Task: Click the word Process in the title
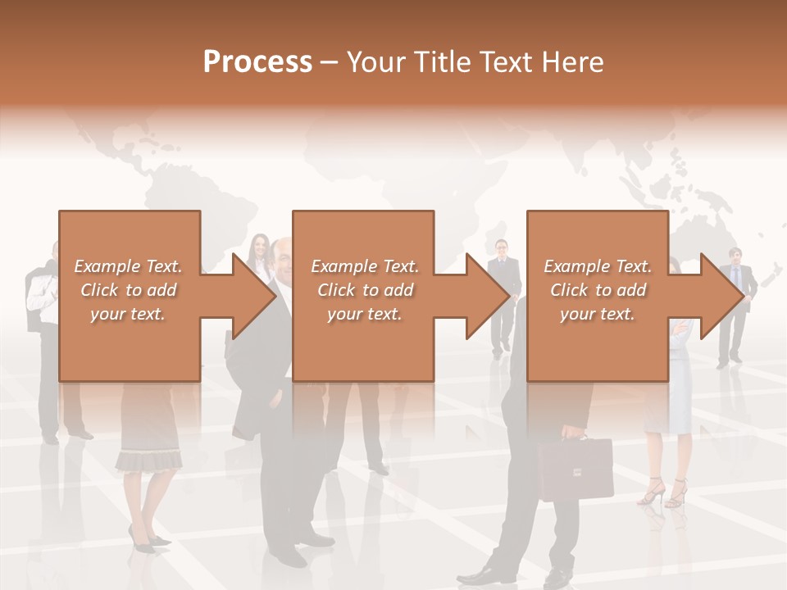[x=257, y=62]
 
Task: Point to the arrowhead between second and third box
[x=487, y=296]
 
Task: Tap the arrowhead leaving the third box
[x=721, y=296]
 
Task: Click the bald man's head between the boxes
[x=282, y=257]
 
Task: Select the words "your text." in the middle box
[x=364, y=314]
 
